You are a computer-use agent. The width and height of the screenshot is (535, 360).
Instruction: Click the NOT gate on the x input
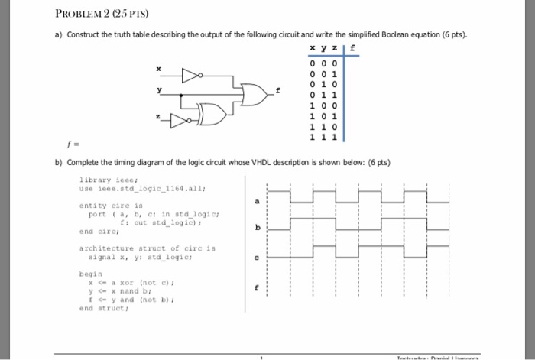(191, 76)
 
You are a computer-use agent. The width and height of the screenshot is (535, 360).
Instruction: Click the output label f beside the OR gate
(278, 91)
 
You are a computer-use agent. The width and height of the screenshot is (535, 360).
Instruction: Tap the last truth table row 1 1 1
(321, 137)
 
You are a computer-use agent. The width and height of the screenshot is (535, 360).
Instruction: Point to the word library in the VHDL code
(96, 180)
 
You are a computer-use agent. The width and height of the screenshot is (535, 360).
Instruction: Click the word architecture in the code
(103, 248)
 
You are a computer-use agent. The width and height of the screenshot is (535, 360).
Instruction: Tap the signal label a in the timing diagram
(257, 201)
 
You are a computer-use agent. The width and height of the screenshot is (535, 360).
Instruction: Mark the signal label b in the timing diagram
(257, 228)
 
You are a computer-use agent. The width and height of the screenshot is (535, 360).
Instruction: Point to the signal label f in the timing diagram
(257, 287)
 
